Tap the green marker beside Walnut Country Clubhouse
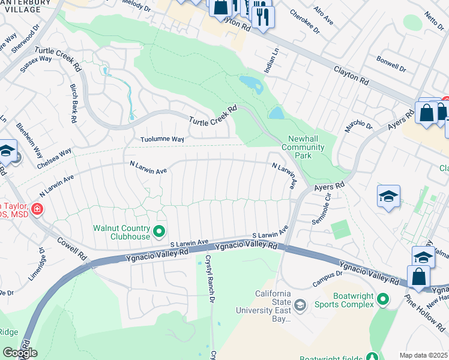(159, 231)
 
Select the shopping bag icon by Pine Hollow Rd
(418, 277)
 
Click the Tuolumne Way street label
(162, 139)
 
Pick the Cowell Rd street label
(72, 247)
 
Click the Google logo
(19, 352)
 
